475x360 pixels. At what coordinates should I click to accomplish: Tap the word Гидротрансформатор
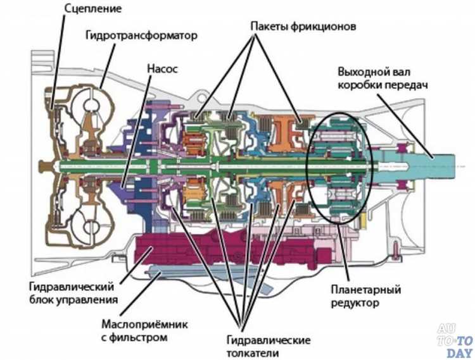141,35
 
